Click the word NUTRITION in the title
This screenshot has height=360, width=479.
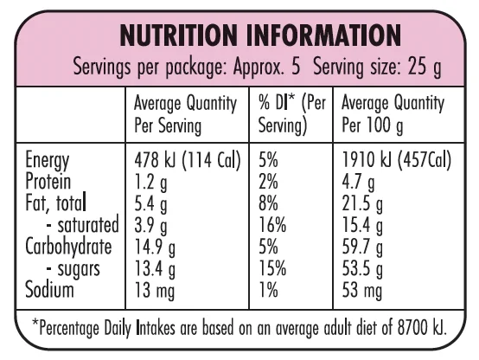click(x=178, y=35)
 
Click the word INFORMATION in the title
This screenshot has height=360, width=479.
click(x=323, y=35)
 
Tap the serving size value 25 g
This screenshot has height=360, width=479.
click(x=425, y=67)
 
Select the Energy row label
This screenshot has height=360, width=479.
click(x=48, y=161)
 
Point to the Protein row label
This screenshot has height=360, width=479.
click(x=48, y=181)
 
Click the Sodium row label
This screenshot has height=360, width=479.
click(x=49, y=289)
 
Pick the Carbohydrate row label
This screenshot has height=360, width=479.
click(x=68, y=247)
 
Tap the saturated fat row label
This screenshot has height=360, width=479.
click(x=82, y=225)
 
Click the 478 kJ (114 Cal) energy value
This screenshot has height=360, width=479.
click(x=188, y=160)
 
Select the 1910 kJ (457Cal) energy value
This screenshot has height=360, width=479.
click(x=397, y=160)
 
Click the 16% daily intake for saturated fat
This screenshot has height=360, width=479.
click(x=272, y=225)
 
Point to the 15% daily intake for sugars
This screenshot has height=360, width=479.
click(x=272, y=268)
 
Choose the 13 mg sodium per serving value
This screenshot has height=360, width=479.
click(x=155, y=291)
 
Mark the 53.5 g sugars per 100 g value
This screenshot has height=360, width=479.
click(x=362, y=269)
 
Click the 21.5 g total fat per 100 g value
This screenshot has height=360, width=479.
click(x=362, y=204)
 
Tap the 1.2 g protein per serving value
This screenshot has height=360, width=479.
click(x=151, y=183)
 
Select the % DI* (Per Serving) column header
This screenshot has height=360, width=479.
click(x=292, y=115)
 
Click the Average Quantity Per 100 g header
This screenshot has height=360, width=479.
click(x=393, y=115)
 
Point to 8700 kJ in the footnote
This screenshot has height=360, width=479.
click(x=422, y=328)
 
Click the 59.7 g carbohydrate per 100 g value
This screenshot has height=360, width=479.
click(x=362, y=247)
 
